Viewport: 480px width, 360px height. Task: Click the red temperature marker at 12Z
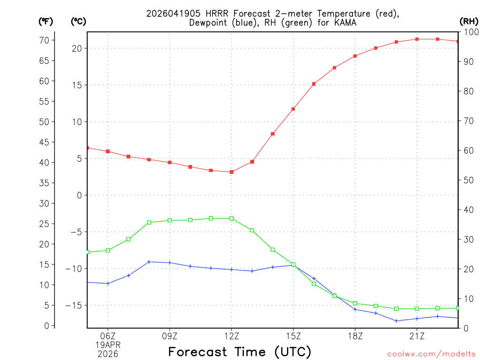(232, 172)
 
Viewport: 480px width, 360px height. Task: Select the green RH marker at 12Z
(232, 218)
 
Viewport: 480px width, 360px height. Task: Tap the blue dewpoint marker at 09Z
(170, 262)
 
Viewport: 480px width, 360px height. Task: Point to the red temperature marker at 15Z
(293, 109)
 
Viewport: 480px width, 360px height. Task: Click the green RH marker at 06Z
(108, 250)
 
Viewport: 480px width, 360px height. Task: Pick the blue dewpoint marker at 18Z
(355, 309)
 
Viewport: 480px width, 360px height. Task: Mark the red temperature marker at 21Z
(417, 39)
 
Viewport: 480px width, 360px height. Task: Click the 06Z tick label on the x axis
(108, 336)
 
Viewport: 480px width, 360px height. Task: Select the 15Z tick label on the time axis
(293, 336)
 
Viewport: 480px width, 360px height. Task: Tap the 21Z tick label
(417, 336)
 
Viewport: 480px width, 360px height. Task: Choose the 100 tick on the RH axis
(470, 32)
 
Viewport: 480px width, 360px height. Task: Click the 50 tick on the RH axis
(469, 180)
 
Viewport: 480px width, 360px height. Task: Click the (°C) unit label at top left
(78, 21)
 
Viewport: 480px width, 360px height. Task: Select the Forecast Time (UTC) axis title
(240, 352)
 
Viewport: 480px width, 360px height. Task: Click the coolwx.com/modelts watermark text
(431, 354)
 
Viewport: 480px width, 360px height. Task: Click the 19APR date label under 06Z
(108, 345)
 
